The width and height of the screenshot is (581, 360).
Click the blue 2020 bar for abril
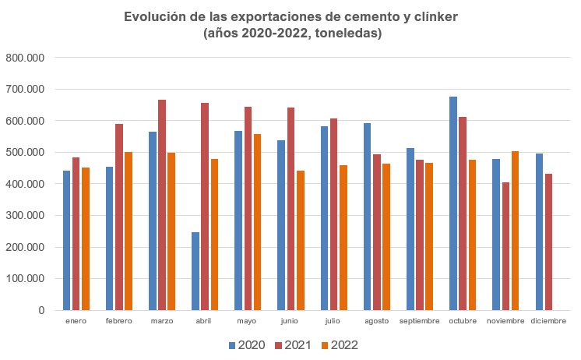click(x=195, y=270)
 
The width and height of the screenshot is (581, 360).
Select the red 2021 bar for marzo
click(x=162, y=205)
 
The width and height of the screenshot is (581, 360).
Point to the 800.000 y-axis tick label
click(x=26, y=58)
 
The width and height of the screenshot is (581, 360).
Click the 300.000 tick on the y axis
click(x=26, y=216)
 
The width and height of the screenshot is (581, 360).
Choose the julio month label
click(x=333, y=321)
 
